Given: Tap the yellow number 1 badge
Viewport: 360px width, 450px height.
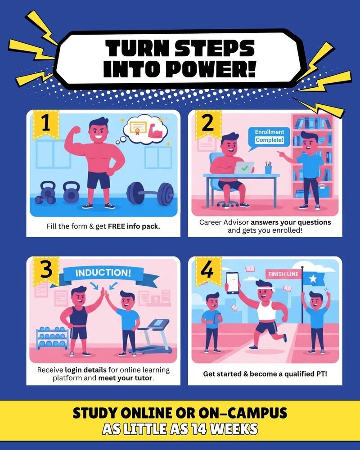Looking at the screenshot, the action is click(46, 124).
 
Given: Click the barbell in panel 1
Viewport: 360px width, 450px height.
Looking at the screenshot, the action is click(150, 193).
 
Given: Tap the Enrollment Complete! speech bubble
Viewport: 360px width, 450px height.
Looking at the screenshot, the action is click(269, 138).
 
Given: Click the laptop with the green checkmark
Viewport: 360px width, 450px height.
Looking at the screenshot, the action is click(244, 168).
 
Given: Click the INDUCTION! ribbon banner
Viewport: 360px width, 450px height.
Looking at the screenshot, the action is click(104, 274).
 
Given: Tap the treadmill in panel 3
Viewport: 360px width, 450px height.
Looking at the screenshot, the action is click(152, 336).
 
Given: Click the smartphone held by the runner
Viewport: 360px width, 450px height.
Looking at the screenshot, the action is click(232, 283).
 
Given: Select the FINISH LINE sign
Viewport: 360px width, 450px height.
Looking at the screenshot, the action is click(283, 274).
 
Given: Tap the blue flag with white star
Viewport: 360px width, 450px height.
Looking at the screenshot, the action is click(314, 279).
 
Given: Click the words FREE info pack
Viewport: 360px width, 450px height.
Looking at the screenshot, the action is click(134, 226).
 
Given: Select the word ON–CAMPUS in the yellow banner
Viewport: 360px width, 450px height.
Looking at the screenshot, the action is click(243, 413).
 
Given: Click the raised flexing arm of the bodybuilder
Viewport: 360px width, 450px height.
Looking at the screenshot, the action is click(73, 140).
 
